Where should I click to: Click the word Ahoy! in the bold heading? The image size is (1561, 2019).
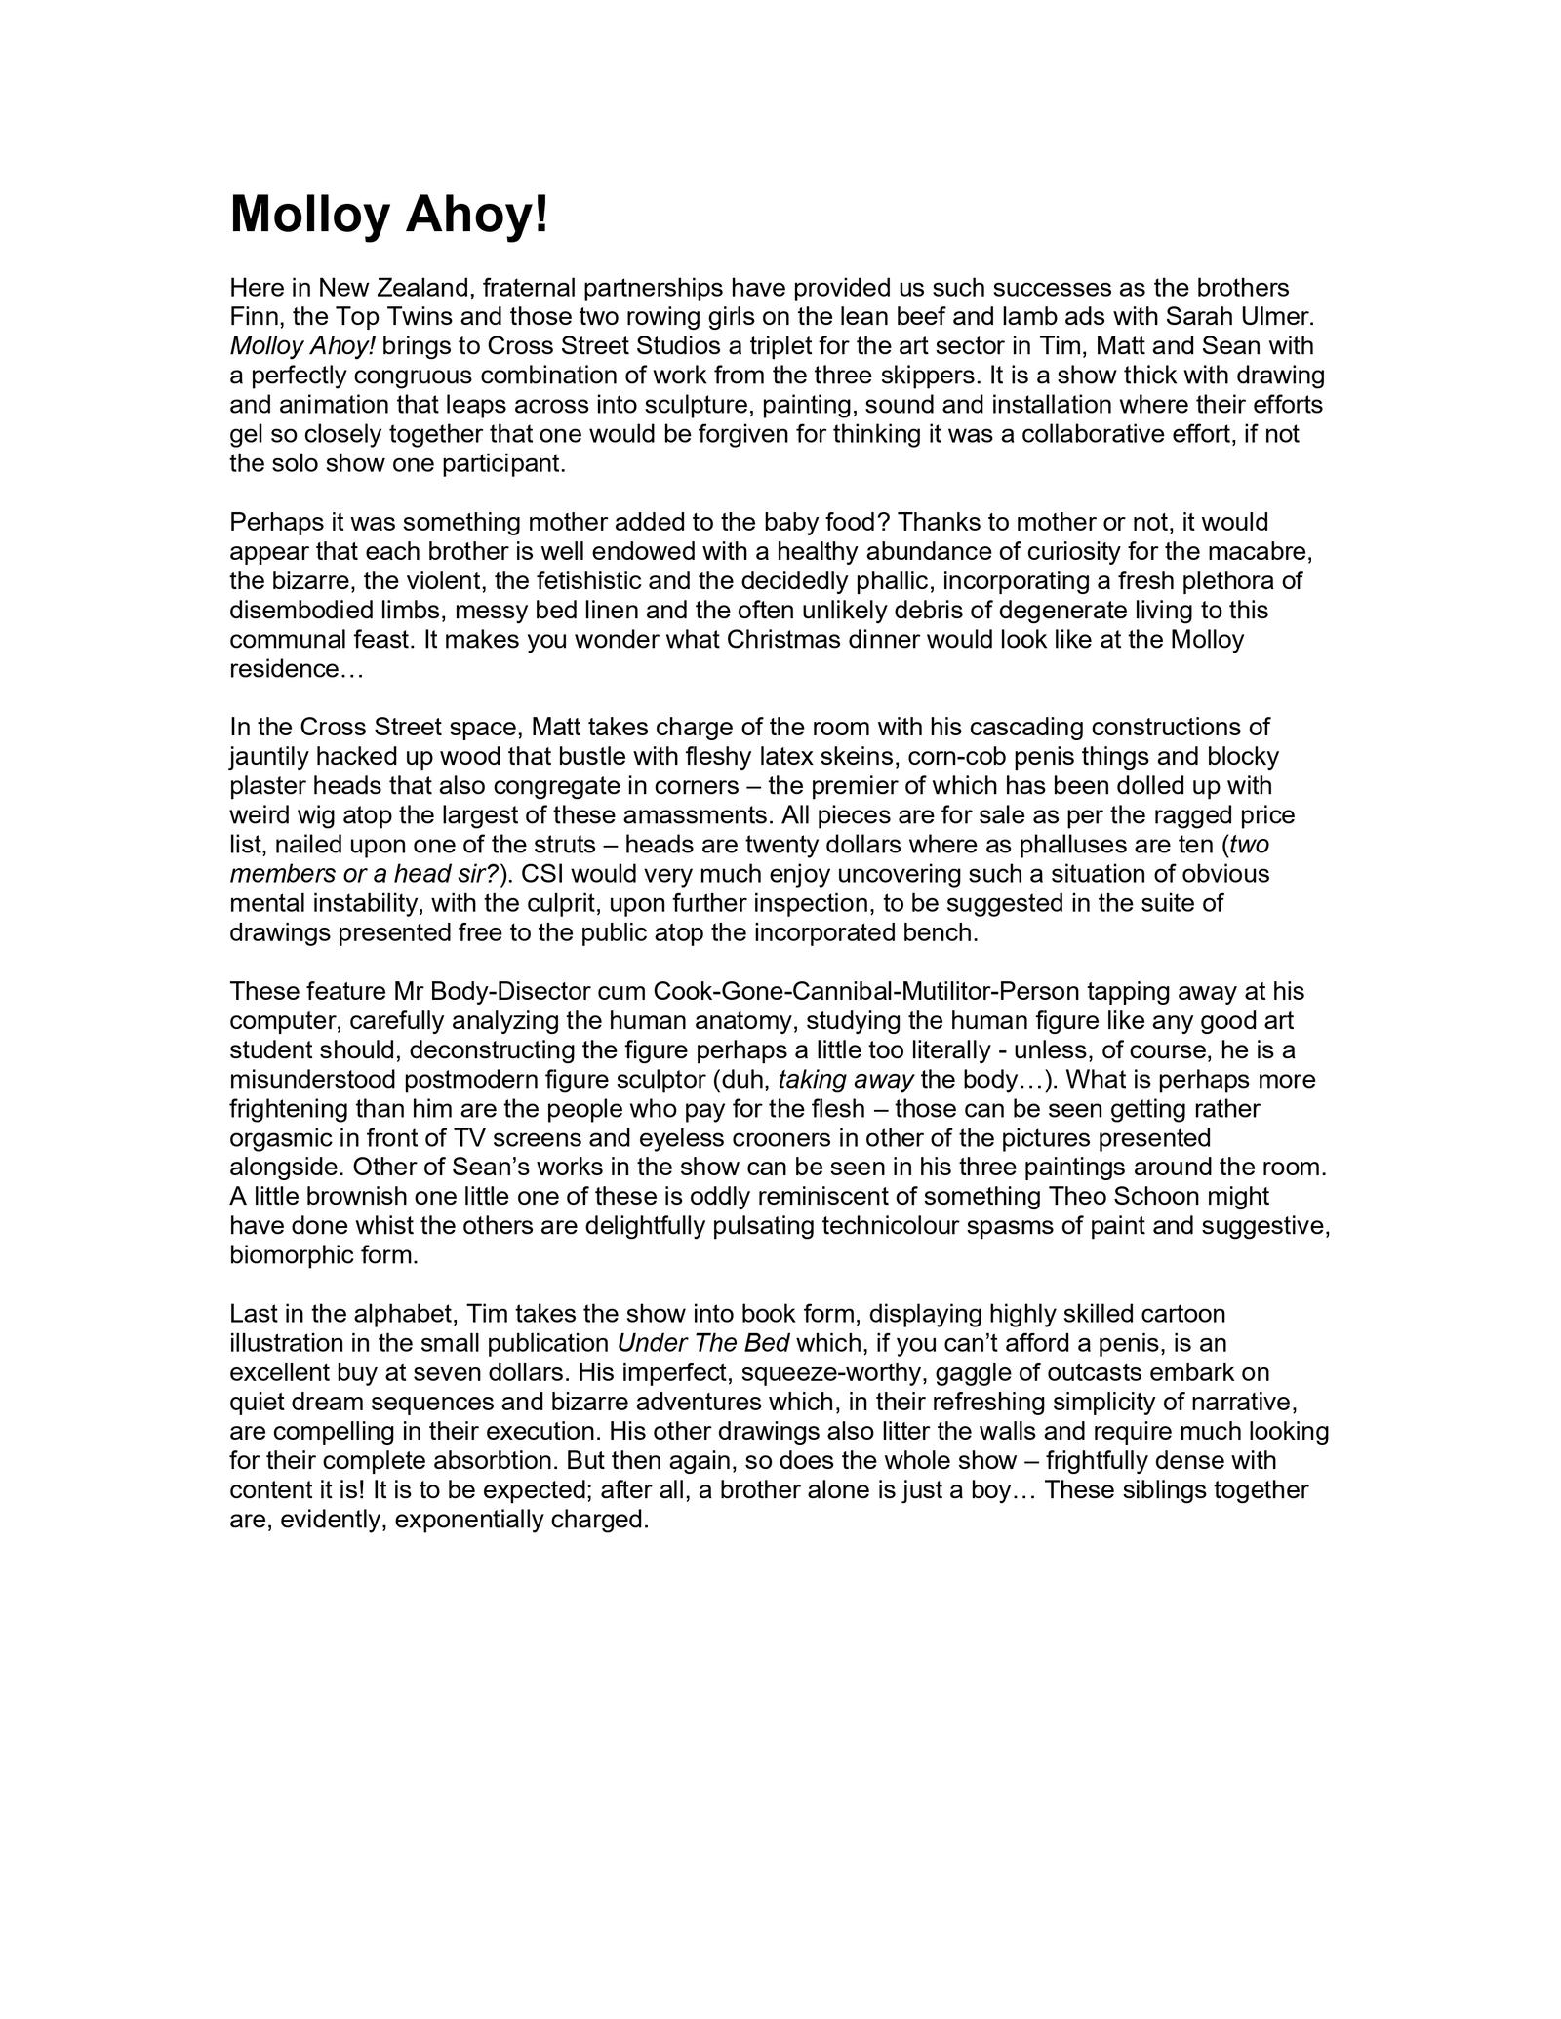point(477,215)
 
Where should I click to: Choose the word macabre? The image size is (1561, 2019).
point(1262,552)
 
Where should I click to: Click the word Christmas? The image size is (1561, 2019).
point(785,640)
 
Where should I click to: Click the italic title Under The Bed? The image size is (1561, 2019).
point(703,1343)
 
